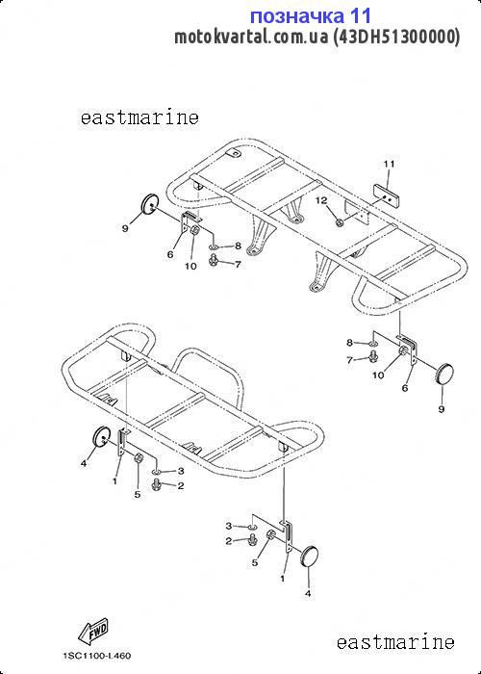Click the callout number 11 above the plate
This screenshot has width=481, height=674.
click(389, 164)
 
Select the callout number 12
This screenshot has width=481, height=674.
click(322, 200)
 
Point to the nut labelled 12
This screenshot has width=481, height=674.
click(340, 222)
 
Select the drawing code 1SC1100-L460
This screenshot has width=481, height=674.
click(96, 656)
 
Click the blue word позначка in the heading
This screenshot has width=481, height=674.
click(296, 16)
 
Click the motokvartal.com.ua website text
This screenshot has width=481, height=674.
click(252, 37)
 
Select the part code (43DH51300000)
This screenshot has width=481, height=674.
click(396, 37)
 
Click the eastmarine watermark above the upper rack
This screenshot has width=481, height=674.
click(139, 117)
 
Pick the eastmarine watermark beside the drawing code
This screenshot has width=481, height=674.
click(395, 642)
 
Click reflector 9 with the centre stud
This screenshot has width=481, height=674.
click(151, 204)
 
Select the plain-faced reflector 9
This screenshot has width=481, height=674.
click(444, 374)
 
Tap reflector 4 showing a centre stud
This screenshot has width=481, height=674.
click(101, 437)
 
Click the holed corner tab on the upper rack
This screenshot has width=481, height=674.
click(234, 152)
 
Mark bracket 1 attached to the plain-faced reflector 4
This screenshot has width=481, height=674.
click(288, 537)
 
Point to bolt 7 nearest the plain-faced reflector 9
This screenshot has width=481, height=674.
click(373, 356)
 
